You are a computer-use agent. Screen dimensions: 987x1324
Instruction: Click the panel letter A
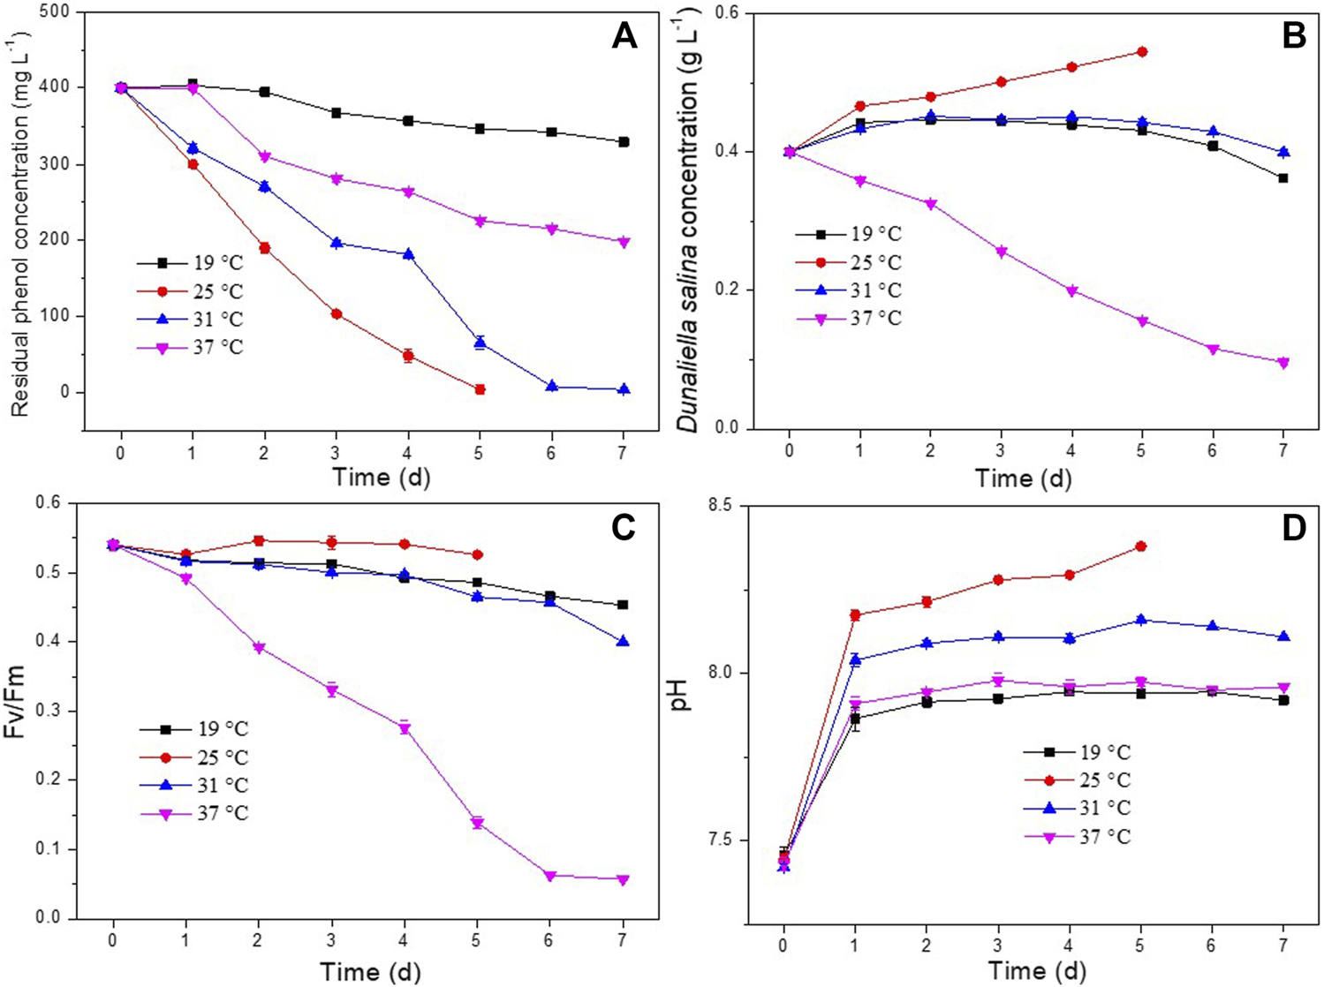(x=624, y=36)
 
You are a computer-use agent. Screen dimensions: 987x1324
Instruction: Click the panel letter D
(x=1294, y=529)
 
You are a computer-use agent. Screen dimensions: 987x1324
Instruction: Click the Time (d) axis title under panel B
(x=1023, y=478)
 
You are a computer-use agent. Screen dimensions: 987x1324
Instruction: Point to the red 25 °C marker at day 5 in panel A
(x=480, y=389)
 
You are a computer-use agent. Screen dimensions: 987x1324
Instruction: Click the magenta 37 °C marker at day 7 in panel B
(x=1282, y=362)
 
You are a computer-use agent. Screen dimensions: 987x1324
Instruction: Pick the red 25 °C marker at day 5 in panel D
(x=1140, y=546)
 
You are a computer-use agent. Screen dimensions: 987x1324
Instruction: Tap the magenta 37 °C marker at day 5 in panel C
(x=478, y=823)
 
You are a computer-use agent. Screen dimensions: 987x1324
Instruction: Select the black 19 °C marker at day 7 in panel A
(x=624, y=141)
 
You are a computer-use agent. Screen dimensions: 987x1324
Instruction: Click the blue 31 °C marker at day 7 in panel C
(x=623, y=642)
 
